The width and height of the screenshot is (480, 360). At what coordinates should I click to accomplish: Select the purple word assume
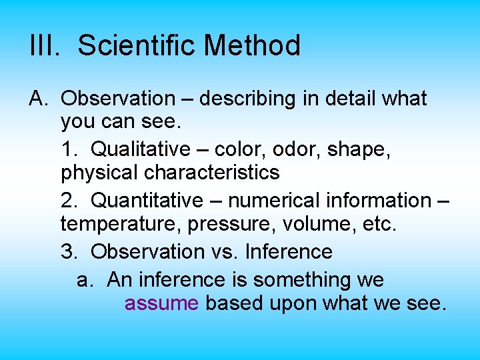click(161, 303)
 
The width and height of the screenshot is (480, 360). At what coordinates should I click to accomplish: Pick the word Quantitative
click(143, 200)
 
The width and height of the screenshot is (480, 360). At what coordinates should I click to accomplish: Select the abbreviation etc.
click(379, 224)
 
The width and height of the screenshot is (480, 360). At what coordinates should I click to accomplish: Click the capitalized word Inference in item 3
click(289, 252)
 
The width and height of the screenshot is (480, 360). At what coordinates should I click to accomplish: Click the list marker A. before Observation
click(39, 99)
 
